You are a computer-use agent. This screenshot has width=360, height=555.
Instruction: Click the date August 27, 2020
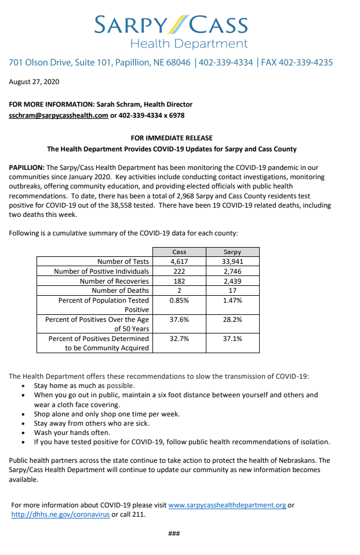[34, 82]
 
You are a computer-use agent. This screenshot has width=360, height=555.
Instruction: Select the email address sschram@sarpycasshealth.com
[59, 115]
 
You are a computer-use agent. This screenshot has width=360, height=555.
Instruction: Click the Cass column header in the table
[179, 252]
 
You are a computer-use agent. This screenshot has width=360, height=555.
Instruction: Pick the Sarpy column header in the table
[232, 252]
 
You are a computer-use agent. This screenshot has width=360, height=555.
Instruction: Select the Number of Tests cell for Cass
[179, 262]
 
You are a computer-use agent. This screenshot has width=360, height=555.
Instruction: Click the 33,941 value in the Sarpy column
[232, 262]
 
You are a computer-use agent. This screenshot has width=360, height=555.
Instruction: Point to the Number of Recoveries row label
[114, 281]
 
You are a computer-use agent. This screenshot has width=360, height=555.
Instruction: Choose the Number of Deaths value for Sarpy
[232, 291]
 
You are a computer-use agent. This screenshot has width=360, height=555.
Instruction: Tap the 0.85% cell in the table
[179, 300]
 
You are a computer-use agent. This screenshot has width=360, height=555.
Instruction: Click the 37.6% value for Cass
[179, 320]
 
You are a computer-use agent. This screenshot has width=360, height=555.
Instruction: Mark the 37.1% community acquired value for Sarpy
[232, 339]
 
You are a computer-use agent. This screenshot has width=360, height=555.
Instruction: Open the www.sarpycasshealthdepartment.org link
[227, 505]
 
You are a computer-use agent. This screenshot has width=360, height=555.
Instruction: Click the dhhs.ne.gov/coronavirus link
[60, 514]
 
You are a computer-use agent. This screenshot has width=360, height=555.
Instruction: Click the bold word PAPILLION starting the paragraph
[27, 168]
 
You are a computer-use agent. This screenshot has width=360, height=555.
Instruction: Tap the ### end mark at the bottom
[173, 534]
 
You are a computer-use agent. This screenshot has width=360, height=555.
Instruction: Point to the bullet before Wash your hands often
[22, 433]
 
